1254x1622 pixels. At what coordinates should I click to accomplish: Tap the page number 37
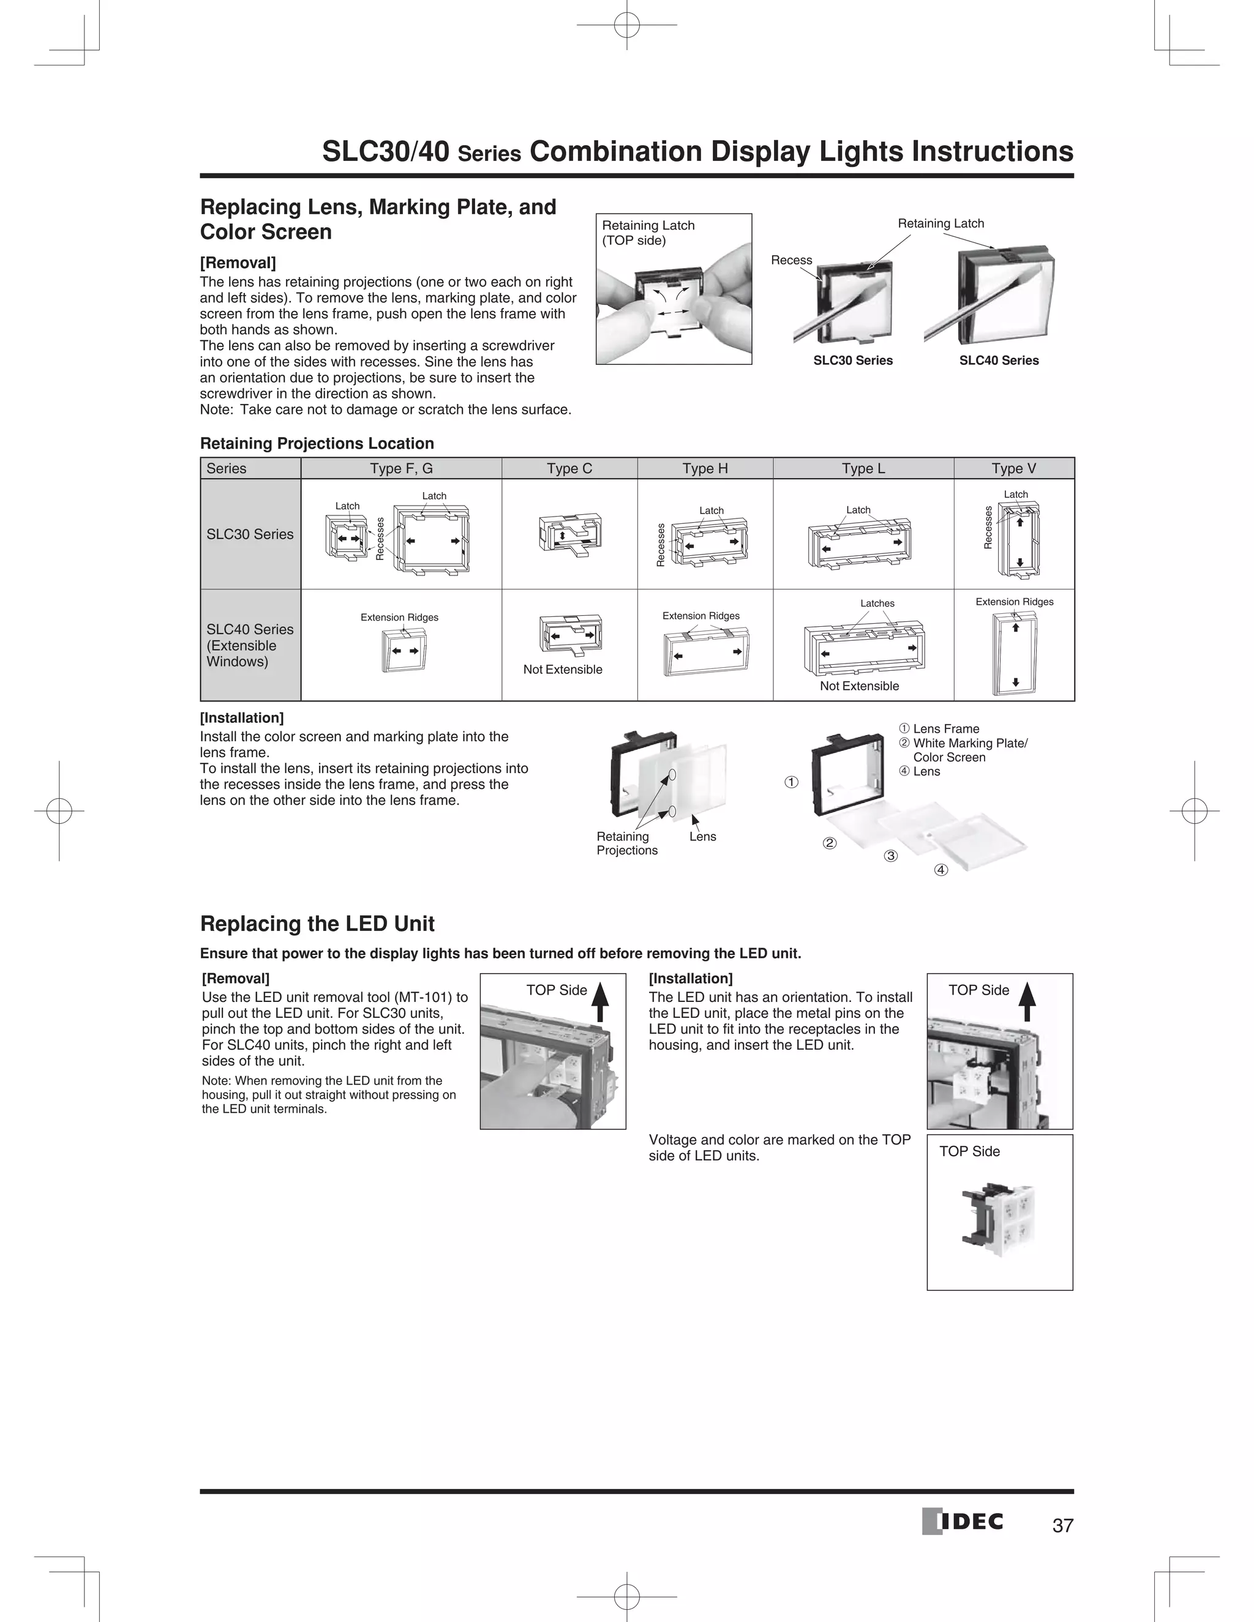click(x=1062, y=1525)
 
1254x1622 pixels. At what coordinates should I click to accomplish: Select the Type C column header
click(x=569, y=469)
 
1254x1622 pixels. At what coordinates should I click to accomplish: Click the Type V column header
click(x=1013, y=469)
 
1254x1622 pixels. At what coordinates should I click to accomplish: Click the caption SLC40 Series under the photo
click(x=999, y=360)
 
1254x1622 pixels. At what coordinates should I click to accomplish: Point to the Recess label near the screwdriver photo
click(x=791, y=260)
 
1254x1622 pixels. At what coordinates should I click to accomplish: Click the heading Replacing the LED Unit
click(x=317, y=924)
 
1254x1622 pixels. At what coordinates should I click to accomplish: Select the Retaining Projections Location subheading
click(x=317, y=443)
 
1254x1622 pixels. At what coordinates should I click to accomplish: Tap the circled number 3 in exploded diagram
click(x=891, y=856)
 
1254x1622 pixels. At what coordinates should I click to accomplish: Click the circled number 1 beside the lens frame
click(x=792, y=782)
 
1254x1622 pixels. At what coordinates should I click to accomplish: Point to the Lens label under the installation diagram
click(x=702, y=836)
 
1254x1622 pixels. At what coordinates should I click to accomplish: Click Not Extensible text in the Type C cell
click(x=562, y=669)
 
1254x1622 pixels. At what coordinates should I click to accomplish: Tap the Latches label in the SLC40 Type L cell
click(x=877, y=603)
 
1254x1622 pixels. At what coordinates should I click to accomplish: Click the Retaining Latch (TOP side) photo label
click(x=648, y=233)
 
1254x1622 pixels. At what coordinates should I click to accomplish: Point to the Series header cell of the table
click(x=227, y=469)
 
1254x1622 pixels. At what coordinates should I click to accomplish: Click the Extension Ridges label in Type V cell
click(x=1014, y=602)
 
